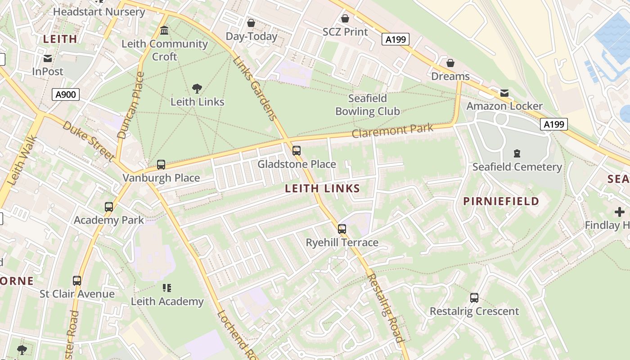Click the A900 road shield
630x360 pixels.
66,94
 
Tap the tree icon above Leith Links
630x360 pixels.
197,88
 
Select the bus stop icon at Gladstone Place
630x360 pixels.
296,151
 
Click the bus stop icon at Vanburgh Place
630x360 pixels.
161,165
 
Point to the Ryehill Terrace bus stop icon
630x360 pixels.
342,229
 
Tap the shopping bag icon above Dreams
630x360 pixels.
450,63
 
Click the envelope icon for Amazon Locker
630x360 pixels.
504,93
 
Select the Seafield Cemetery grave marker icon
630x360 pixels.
517,154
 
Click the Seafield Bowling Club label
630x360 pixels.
368,105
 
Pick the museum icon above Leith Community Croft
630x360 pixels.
165,31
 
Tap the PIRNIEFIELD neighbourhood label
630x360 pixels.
501,201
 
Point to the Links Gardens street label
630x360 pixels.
255,89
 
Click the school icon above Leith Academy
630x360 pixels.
167,288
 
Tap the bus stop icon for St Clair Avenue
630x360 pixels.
77,281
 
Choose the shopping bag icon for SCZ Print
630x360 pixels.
345,18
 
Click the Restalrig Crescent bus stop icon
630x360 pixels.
474,297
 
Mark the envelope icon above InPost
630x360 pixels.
48,58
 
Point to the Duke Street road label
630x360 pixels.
88,140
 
